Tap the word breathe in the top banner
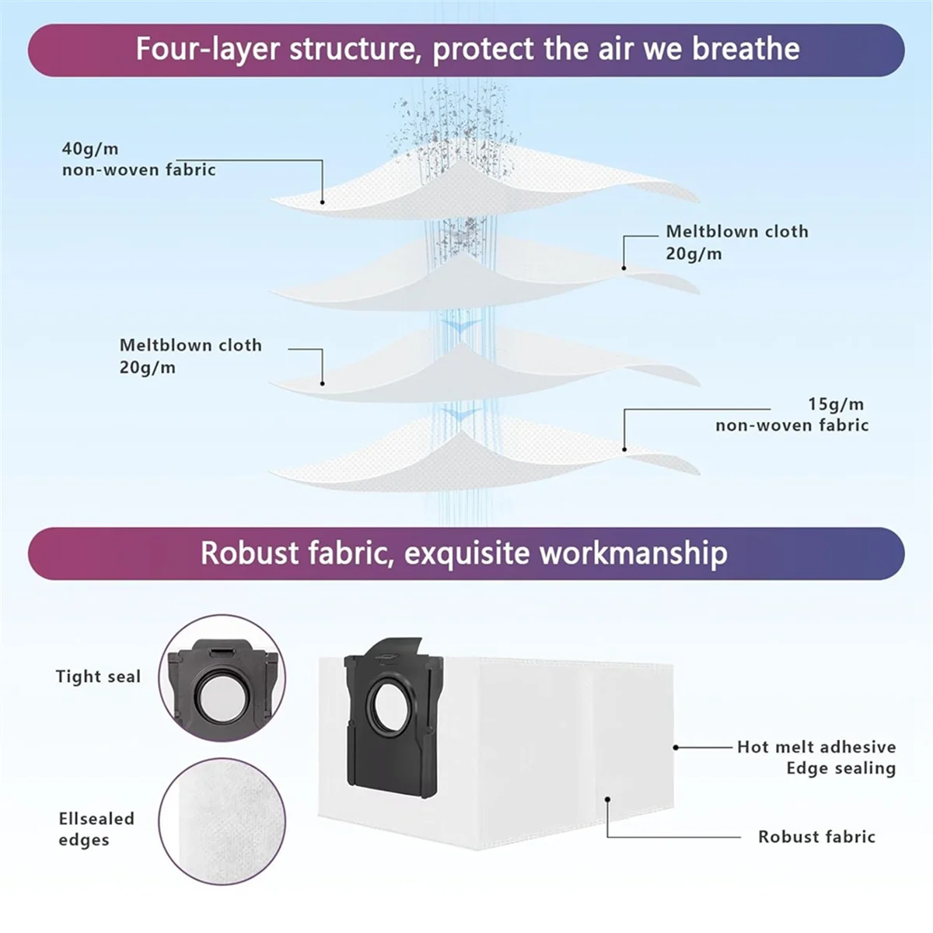[746, 49]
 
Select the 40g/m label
[90, 149]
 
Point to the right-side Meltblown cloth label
[736, 232]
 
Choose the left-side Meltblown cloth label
[190, 345]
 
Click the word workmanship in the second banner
[633, 553]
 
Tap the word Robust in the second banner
[250, 553]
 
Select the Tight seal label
[98, 676]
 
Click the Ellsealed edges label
[96, 829]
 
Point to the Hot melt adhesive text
[816, 747]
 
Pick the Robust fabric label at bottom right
[816, 837]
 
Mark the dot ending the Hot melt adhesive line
[676, 747]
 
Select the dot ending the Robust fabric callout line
[608, 798]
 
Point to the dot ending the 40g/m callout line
[322, 201]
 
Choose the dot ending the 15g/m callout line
[624, 449]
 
